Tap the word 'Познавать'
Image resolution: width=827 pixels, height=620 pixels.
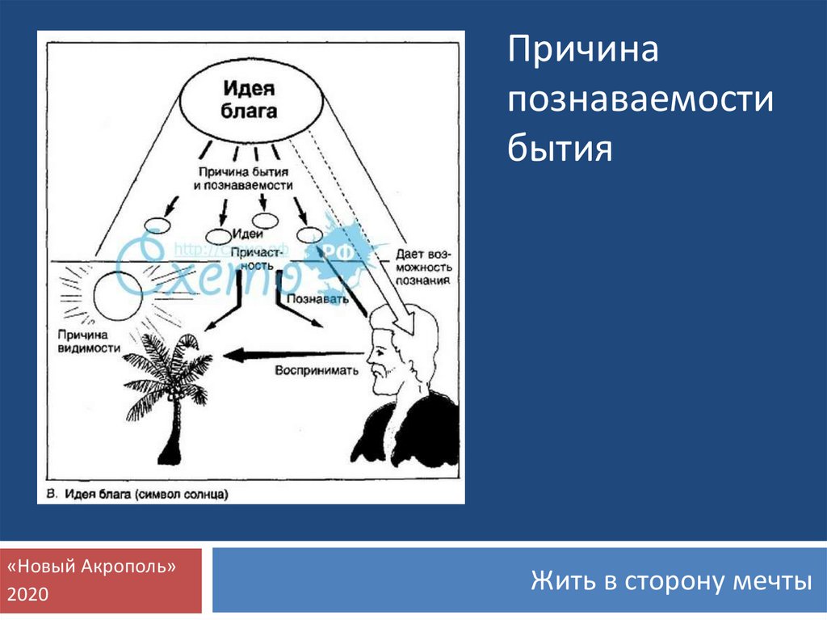pos(323,298)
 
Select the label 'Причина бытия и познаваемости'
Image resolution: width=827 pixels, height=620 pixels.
pos(242,179)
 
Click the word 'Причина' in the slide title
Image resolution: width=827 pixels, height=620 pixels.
pos(583,53)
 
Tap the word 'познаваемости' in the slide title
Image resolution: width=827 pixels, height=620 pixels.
pos(640,102)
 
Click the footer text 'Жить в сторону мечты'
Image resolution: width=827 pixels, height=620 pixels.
pos(670,580)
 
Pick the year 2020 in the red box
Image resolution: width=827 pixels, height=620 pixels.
pos(28,595)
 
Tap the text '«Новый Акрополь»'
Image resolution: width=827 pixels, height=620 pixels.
pos(91,567)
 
